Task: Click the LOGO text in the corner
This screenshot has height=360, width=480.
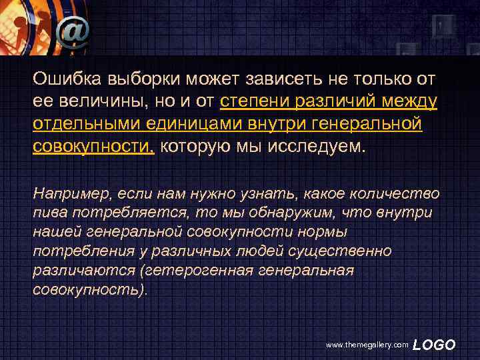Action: pos(434,344)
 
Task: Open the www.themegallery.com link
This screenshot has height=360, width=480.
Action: pos(366,345)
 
